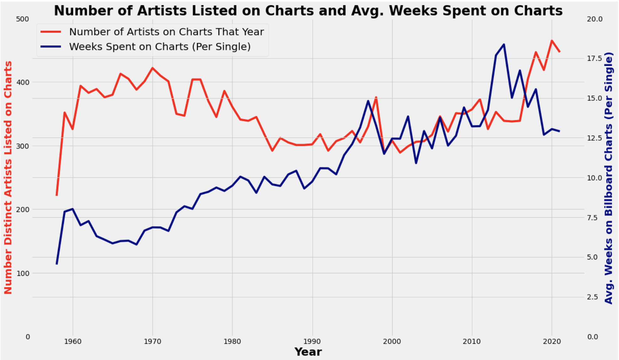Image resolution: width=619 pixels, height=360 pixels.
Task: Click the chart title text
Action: point(308,11)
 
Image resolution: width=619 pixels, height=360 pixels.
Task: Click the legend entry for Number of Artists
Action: point(166,32)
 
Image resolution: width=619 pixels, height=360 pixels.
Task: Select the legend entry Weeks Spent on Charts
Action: point(160,47)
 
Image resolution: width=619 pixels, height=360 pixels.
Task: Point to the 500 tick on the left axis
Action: point(22,19)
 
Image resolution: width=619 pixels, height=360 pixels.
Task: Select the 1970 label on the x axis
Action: point(153,342)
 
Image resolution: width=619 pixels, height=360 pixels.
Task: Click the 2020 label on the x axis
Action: point(552,342)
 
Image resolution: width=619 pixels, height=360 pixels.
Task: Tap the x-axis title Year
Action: point(308,352)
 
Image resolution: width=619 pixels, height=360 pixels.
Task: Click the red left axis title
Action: point(8,177)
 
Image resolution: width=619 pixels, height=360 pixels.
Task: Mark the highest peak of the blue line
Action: point(504,44)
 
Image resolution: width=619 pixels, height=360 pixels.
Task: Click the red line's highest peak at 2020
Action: point(552,40)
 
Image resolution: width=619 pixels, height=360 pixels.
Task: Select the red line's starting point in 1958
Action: point(57,195)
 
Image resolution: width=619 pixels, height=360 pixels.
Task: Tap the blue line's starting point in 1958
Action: point(57,264)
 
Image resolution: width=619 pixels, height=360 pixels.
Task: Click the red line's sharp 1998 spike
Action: point(376,97)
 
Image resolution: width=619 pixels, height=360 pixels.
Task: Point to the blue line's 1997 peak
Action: point(368,101)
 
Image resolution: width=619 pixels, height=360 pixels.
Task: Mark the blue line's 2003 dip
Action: point(416,163)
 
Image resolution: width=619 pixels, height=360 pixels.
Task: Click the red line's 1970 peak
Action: point(153,68)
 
